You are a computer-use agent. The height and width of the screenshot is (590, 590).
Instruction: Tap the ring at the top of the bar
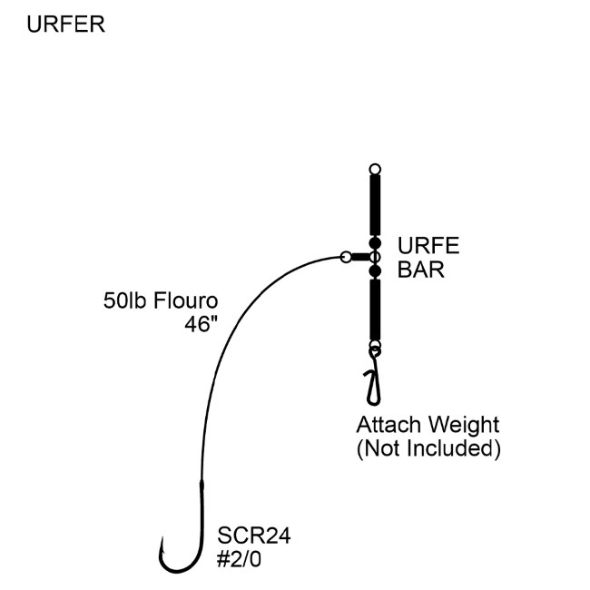pos(374,169)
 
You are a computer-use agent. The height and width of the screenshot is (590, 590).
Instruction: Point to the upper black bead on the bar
pos(374,243)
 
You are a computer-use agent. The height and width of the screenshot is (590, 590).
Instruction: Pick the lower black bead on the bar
pos(374,270)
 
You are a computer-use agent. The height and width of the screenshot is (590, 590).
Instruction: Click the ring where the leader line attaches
pos(346,257)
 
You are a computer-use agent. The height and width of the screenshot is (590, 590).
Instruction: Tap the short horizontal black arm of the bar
pos(361,257)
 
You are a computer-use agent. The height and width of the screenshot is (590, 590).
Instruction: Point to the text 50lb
pos(123,300)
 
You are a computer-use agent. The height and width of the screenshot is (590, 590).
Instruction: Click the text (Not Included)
pos(428,448)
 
